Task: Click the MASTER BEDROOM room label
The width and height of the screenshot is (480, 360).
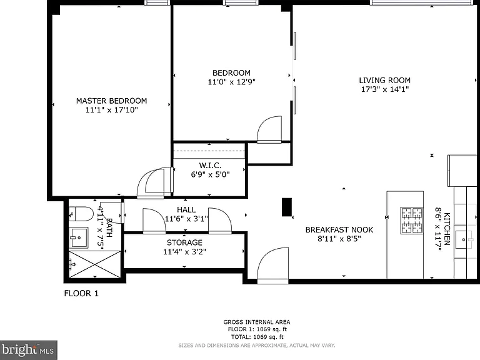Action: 111,101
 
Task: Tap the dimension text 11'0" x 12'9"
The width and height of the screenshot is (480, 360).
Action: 231,82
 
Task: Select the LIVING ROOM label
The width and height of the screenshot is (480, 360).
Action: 385,80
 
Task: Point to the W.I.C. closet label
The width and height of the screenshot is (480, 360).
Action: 210,165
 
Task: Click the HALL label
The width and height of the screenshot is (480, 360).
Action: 186,210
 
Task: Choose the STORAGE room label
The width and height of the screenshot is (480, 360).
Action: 184,242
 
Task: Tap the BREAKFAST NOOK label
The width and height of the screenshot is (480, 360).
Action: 339,229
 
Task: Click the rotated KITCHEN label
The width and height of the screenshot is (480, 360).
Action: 447,229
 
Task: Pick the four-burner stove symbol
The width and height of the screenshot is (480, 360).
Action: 412,221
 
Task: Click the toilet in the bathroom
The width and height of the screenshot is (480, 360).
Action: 81,214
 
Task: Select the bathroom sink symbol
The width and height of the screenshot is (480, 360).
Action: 78,237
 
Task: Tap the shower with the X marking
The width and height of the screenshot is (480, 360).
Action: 95,264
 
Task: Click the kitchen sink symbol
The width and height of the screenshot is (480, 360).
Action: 464,240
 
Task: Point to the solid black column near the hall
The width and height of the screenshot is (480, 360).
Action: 287,207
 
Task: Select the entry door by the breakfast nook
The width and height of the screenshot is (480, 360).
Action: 272,266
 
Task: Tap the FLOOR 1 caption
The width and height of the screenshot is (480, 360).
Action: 81,293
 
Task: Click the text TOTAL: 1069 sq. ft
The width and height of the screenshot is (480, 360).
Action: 257,337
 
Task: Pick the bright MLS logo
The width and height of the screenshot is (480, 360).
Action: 29,350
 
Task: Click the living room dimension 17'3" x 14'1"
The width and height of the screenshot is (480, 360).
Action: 385,89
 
